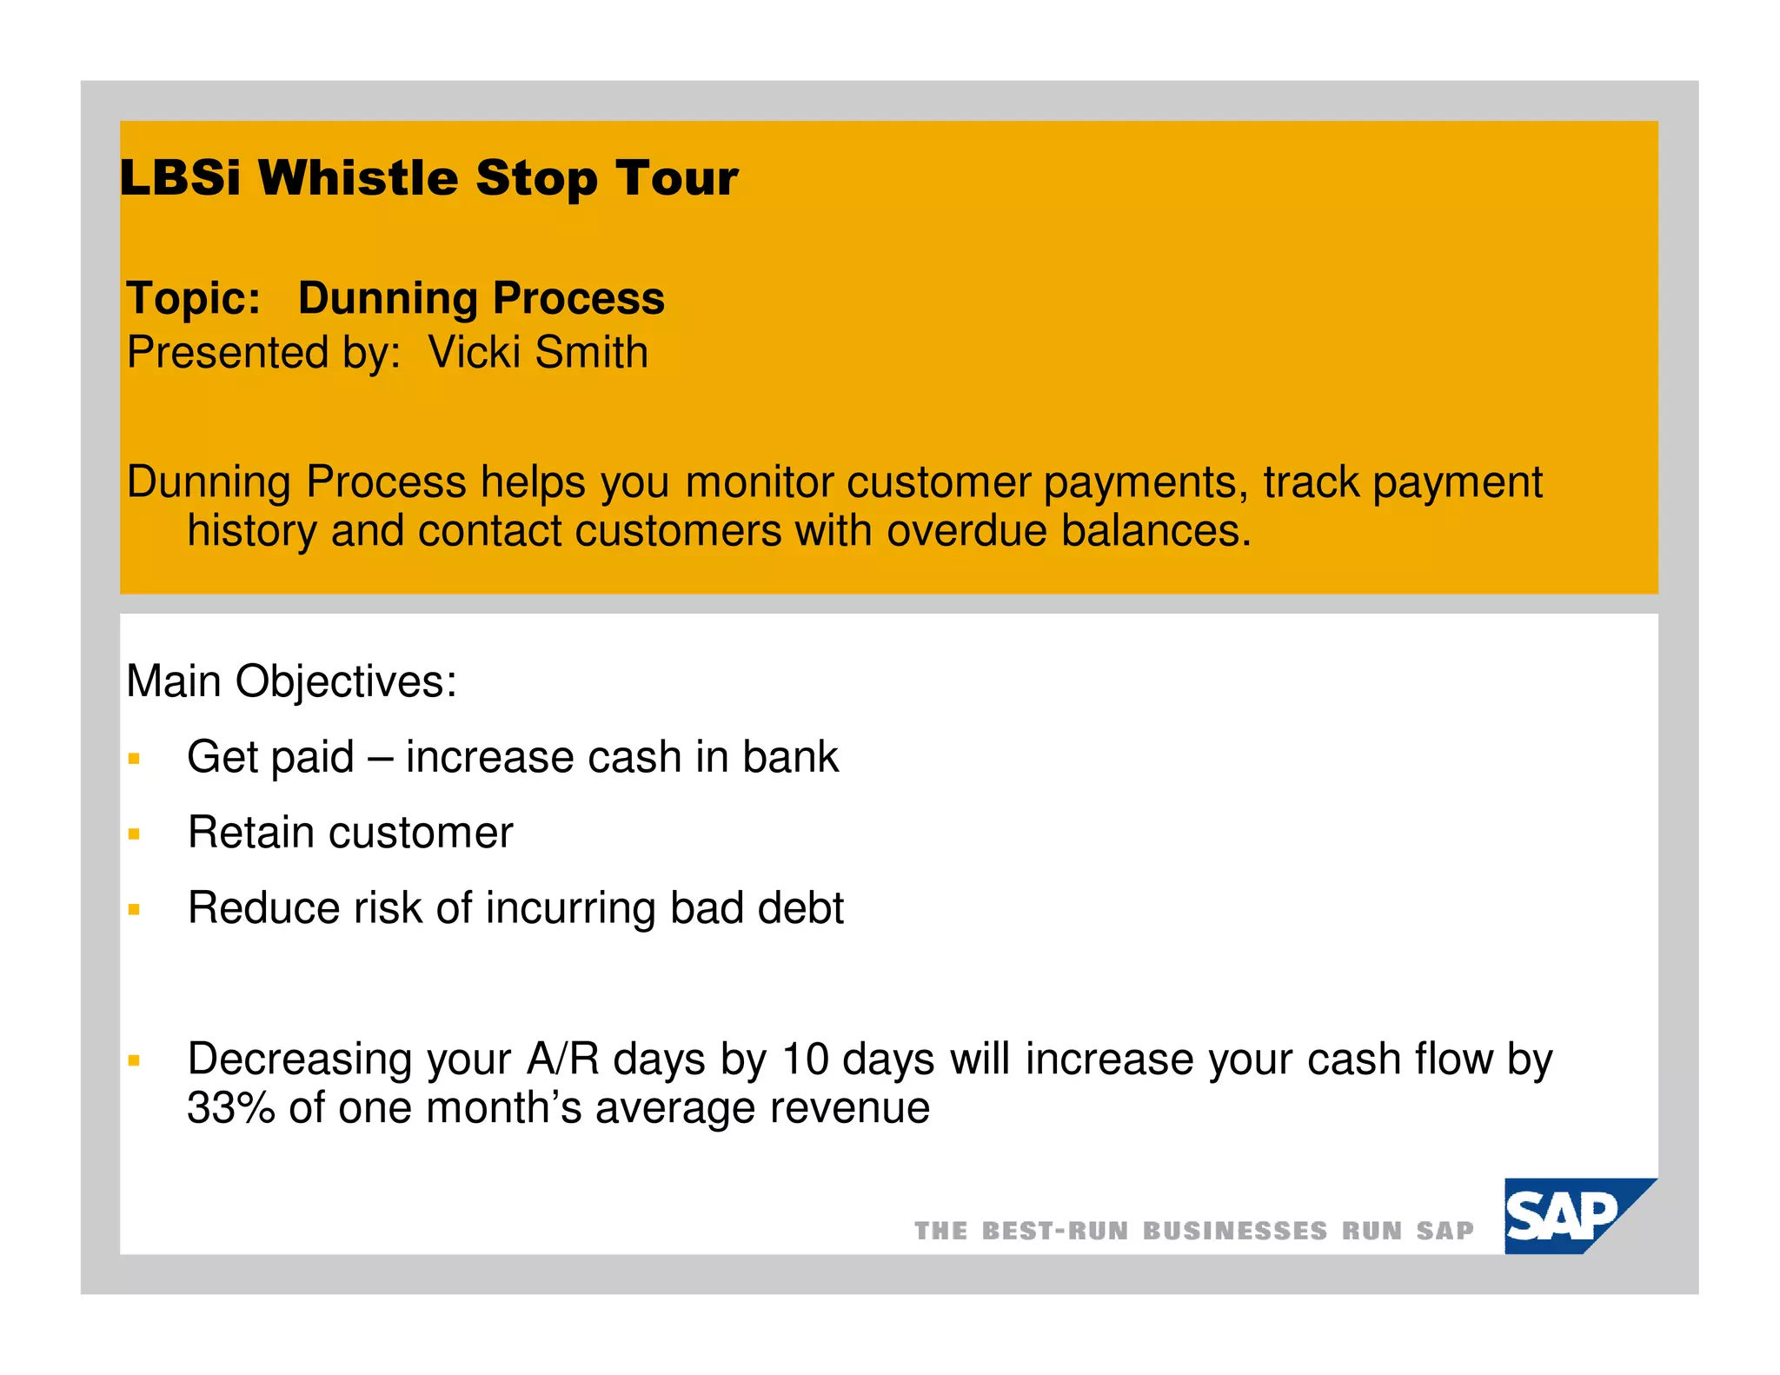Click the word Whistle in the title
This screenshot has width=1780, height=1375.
pos(358,178)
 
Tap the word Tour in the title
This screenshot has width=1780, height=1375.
pos(677,178)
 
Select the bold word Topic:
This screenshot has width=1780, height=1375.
pos(193,298)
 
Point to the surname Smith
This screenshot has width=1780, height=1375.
pos(591,353)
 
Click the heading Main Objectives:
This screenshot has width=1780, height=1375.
pos(291,681)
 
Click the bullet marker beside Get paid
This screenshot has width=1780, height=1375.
pos(134,759)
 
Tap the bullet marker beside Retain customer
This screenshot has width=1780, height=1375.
pos(134,834)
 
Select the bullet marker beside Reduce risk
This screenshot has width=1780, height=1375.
pos(134,910)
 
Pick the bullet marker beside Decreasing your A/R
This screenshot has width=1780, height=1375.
pos(134,1060)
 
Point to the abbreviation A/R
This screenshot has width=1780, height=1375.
pos(563,1059)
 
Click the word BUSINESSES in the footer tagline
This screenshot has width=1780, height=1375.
pos(1234,1231)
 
